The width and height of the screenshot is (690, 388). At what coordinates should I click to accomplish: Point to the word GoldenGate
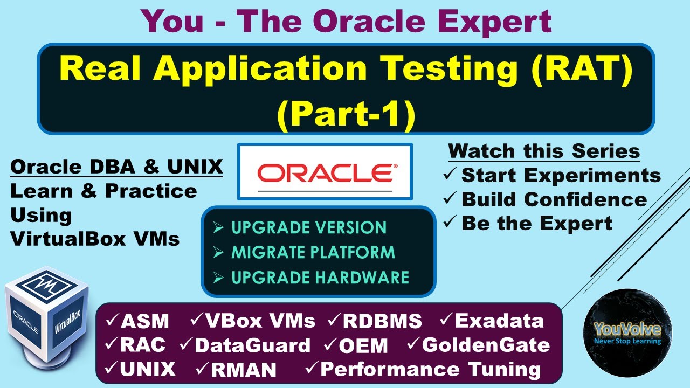point(485,345)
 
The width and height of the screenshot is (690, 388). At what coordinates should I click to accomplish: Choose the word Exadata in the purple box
point(499,321)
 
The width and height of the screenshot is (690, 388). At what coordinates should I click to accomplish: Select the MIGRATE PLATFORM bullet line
point(313,252)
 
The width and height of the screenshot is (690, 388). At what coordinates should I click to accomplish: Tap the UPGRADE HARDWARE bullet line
point(320,277)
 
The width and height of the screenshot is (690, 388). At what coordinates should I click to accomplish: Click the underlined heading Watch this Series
point(544,151)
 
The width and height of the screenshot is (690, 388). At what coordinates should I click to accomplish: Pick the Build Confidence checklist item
point(554,199)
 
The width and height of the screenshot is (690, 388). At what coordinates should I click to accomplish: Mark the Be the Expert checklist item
point(536,223)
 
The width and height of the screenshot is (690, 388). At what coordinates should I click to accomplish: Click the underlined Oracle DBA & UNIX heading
point(116,167)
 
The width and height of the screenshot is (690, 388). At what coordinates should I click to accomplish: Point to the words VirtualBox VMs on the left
point(95,238)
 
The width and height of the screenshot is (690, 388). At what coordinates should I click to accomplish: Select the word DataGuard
point(252,345)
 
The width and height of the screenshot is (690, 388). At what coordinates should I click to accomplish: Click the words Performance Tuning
point(430,369)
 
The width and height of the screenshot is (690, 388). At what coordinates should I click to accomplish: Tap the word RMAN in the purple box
point(243,370)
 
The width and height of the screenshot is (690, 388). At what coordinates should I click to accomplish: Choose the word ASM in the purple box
point(144,322)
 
